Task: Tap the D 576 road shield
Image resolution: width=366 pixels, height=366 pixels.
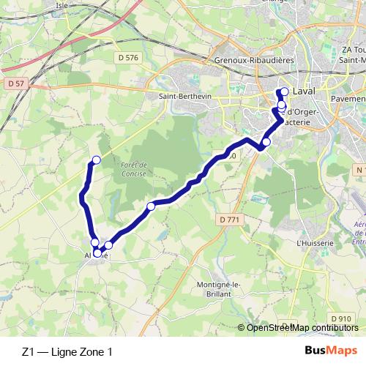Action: [x=127, y=56]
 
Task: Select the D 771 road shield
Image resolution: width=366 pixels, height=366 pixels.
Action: [x=228, y=219]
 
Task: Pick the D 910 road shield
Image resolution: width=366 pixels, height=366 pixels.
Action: [x=340, y=319]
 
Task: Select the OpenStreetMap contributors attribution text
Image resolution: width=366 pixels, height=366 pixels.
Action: [x=302, y=328]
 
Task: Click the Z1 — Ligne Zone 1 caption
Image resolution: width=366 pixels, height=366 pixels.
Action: [x=67, y=352]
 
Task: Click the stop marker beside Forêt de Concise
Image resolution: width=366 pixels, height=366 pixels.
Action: [x=151, y=206]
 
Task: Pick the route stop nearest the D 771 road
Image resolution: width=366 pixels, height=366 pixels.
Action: [x=266, y=142]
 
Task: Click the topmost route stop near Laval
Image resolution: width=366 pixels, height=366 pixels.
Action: [x=284, y=92]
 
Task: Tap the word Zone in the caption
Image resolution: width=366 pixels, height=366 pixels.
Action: [x=92, y=352]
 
